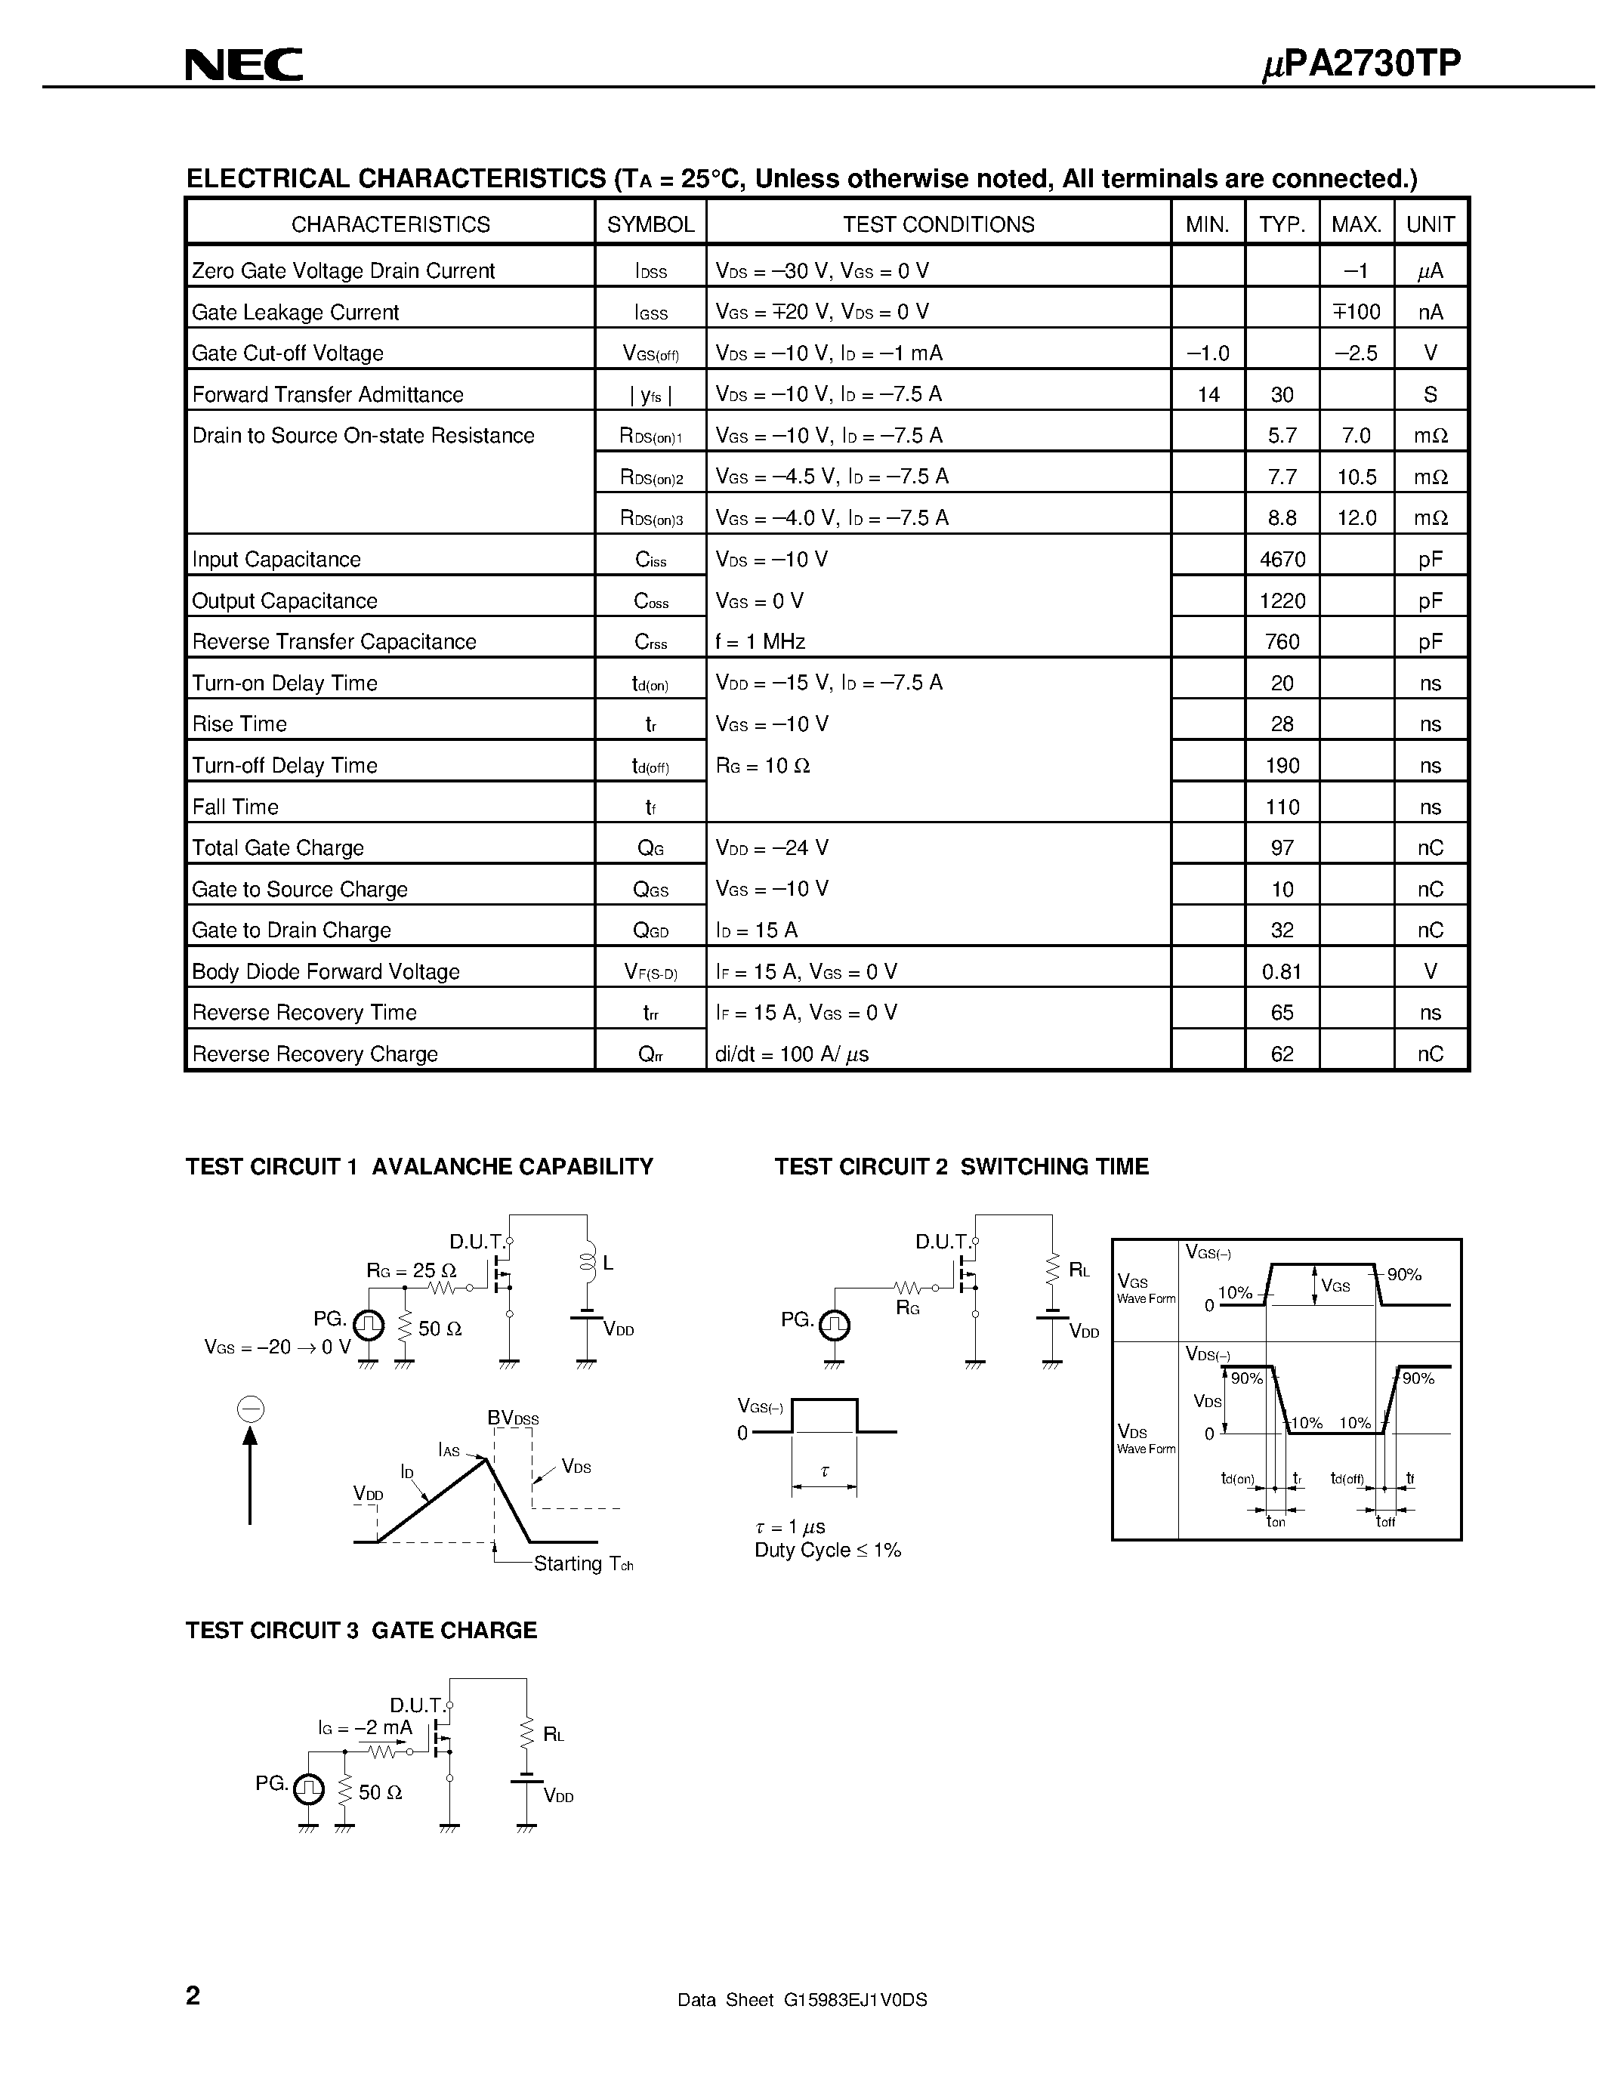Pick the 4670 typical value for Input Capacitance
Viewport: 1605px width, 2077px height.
pyautogui.click(x=1282, y=559)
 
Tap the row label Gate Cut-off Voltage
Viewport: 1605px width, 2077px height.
pyautogui.click(x=287, y=353)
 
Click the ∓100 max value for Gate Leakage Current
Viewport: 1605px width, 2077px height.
pyautogui.click(x=1356, y=312)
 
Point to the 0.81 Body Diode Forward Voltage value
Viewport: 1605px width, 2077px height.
pyautogui.click(x=1282, y=971)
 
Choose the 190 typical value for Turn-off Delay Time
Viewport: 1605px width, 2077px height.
pyautogui.click(x=1282, y=766)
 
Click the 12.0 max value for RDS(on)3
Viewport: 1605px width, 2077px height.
pyautogui.click(x=1356, y=518)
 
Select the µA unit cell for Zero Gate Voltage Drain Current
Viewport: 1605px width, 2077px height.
pyautogui.click(x=1430, y=271)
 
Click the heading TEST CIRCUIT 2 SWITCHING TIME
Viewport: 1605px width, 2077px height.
pyautogui.click(x=961, y=1166)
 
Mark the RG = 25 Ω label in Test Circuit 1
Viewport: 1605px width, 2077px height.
pyautogui.click(x=411, y=1270)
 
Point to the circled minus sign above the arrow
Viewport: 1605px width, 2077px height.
pyautogui.click(x=250, y=1409)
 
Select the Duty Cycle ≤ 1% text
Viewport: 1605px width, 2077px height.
pyautogui.click(x=827, y=1550)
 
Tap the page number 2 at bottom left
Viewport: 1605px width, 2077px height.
pyautogui.click(x=193, y=1995)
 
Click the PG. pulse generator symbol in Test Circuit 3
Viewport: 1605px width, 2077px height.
pyautogui.click(x=308, y=1790)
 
